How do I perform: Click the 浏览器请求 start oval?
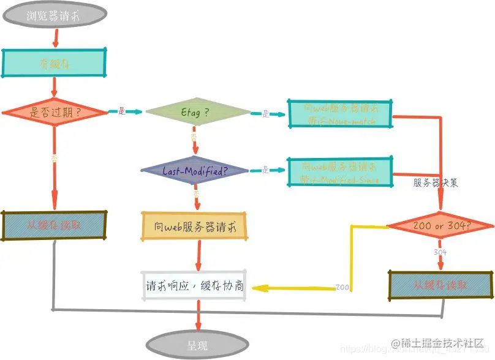pos(56,16)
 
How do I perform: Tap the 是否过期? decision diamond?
pos(55,112)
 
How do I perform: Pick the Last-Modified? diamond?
pos(195,170)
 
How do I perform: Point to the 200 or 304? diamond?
pos(439,225)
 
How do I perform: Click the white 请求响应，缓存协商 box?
pos(193,285)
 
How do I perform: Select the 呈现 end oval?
pos(197,345)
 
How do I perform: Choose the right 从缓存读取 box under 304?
pos(440,285)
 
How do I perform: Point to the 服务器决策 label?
pos(435,182)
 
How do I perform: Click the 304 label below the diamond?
pos(440,252)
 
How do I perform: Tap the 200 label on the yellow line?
pos(342,287)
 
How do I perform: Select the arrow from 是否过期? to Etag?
pos(125,112)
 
